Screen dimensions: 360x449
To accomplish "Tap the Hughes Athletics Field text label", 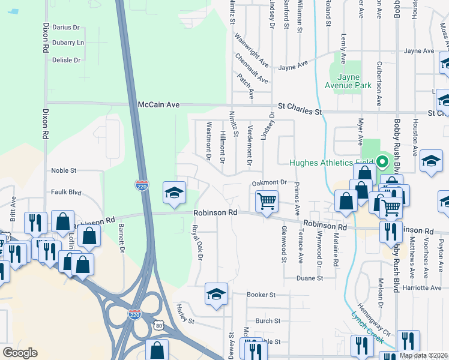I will pos(332,162).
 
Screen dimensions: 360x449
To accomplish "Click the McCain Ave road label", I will pos(159,104).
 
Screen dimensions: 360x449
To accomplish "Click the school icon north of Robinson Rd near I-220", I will pos(174,193).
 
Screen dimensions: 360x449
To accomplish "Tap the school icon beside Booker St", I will pos(216,294).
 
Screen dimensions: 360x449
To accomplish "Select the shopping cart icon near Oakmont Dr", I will pos(267,201).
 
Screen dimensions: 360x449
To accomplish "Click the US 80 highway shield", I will pos(158,325).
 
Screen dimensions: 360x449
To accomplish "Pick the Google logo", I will pos(20,353).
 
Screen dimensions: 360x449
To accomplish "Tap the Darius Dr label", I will pos(66,28).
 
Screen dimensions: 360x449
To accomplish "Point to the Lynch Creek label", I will pos(367,326).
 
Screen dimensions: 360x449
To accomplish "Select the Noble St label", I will pos(64,170).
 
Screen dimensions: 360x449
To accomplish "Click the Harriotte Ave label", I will pos(421,288).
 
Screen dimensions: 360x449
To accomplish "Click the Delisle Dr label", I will pos(66,60).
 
